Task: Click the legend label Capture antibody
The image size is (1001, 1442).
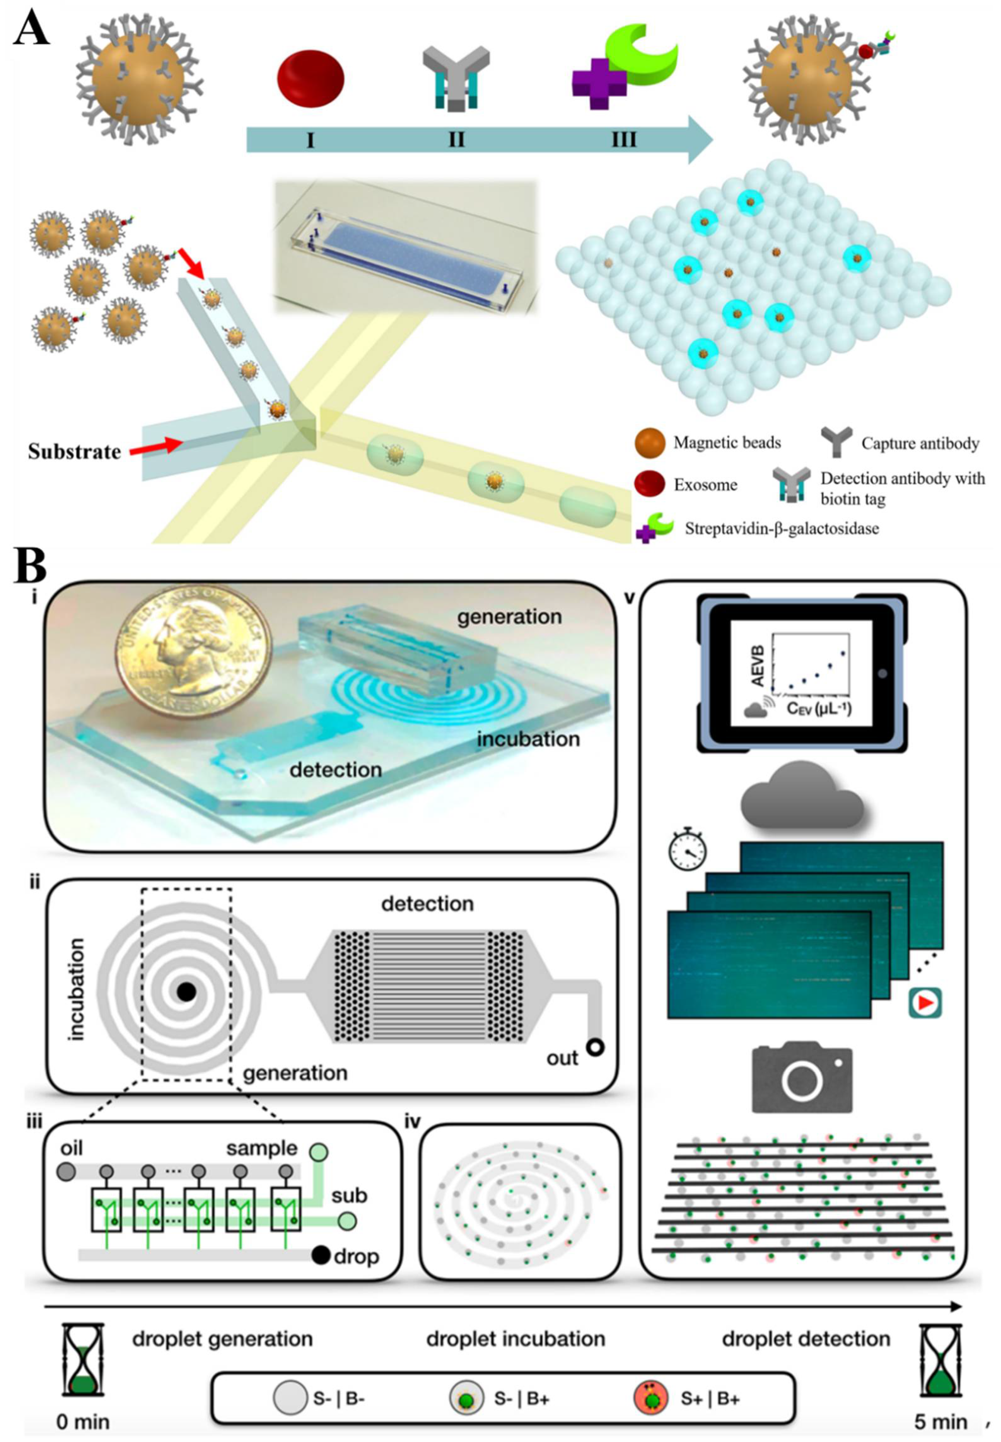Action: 919,444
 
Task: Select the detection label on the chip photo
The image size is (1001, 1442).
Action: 336,770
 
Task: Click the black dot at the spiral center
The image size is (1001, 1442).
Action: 186,991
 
